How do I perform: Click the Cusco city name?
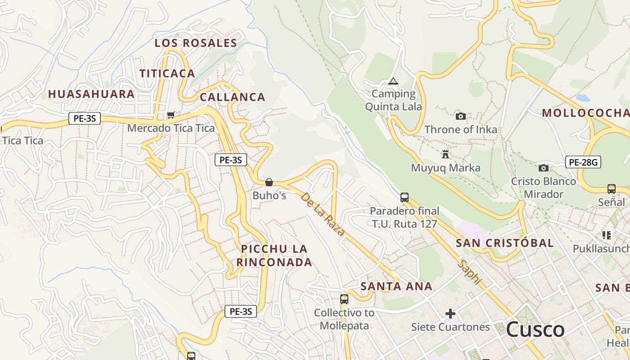coord(535,329)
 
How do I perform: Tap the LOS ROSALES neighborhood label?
coord(196,43)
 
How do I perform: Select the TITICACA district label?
coord(167,73)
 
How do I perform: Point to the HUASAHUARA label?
coord(91,94)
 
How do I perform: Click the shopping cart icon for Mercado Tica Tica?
coord(171,115)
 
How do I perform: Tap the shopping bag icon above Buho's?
coord(269,182)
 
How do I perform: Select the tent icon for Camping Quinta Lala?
coord(393,81)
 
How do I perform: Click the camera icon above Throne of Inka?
coord(460,117)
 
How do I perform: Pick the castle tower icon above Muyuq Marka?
coord(445,155)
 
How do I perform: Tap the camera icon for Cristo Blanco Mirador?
coord(543,168)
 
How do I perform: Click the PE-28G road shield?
coord(583,162)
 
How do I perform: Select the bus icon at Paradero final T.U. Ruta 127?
coord(405,197)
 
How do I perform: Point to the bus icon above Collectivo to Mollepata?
coord(344,299)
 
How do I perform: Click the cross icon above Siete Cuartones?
coord(450,313)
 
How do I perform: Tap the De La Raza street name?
coord(322,214)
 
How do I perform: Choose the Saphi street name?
coord(469,272)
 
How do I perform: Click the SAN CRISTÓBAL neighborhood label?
coord(504,243)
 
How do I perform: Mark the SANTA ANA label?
coord(396,286)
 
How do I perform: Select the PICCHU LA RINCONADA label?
coord(274,255)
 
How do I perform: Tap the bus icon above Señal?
coord(611,189)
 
